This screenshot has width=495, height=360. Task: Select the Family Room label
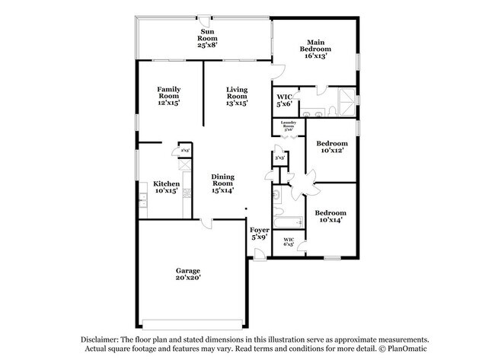(168, 96)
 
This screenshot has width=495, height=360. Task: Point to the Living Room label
(236, 96)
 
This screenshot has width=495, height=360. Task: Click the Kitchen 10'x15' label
(167, 187)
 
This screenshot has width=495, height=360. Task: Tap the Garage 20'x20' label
(188, 275)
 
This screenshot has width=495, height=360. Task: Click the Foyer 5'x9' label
(259, 233)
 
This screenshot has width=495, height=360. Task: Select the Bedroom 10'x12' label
(332, 146)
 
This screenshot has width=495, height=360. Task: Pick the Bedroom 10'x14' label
(331, 217)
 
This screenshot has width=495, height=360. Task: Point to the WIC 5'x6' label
(284, 101)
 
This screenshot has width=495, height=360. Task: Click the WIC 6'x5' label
(289, 243)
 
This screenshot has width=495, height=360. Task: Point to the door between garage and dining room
(206, 222)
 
